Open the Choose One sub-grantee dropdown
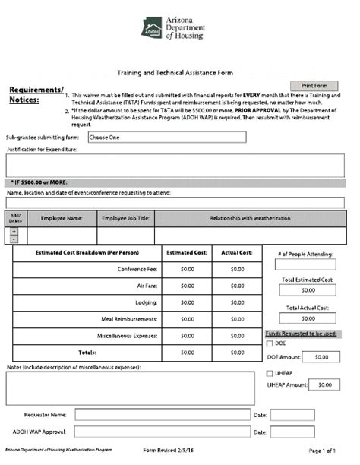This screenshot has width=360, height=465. point(166,138)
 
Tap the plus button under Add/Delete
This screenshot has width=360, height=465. point(14,230)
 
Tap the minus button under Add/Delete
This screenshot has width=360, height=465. point(14,239)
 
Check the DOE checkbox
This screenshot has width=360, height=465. point(270,343)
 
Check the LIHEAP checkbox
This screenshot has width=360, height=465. point(270,373)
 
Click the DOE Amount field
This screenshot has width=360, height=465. point(321,356)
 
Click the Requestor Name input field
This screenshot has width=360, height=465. point(161,415)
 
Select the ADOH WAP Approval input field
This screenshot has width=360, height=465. point(161,432)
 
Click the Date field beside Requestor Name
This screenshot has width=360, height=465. point(292,415)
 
